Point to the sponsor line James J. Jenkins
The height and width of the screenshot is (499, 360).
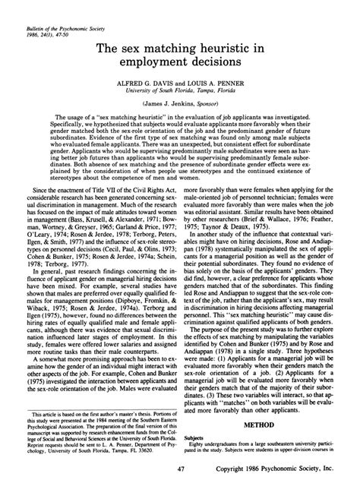pyautogui.click(x=180, y=106)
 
